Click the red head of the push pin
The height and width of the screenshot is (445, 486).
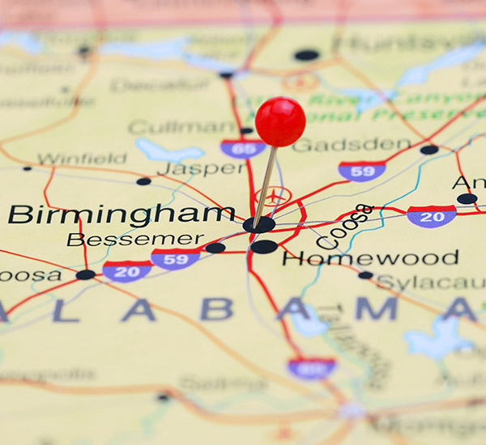coord(280,121)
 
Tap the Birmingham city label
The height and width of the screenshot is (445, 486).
coord(122,214)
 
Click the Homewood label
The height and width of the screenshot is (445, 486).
coord(370,258)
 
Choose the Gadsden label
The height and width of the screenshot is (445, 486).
coord(351,145)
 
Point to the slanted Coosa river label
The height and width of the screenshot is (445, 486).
coord(345,226)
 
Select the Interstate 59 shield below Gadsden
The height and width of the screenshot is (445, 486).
coord(361,171)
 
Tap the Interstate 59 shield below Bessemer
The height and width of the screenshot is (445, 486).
coord(175,259)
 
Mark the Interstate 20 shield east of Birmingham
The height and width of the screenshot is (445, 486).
coord(431,216)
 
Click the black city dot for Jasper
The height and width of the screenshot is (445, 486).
coord(143,181)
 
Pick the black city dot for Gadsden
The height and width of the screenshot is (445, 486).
coord(429,150)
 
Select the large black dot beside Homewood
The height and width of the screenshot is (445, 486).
coord(263,247)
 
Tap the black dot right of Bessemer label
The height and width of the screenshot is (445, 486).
coord(215,248)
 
